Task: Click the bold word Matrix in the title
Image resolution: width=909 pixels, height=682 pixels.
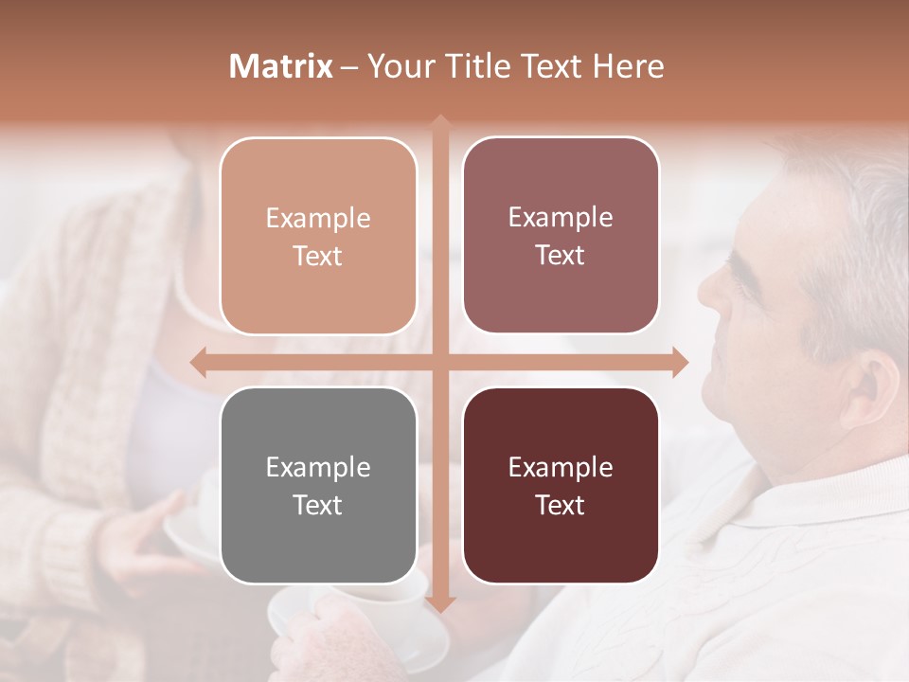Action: pyautogui.click(x=281, y=66)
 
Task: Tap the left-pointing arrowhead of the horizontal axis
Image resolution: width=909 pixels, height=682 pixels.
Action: pyautogui.click(x=198, y=362)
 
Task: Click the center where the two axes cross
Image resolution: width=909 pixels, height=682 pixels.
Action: pyautogui.click(x=439, y=362)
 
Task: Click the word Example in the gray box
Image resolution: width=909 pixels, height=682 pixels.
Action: pyautogui.click(x=318, y=467)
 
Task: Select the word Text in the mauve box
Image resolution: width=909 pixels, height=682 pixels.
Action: pyautogui.click(x=561, y=256)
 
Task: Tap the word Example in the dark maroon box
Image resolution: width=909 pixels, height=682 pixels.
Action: pyautogui.click(x=561, y=467)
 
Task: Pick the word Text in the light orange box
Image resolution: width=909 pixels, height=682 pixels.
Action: pyautogui.click(x=318, y=256)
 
